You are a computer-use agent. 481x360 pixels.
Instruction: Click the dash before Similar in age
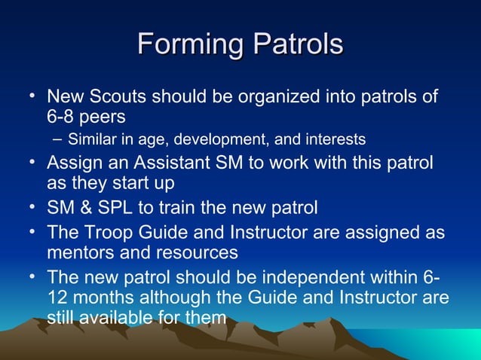pos(59,139)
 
